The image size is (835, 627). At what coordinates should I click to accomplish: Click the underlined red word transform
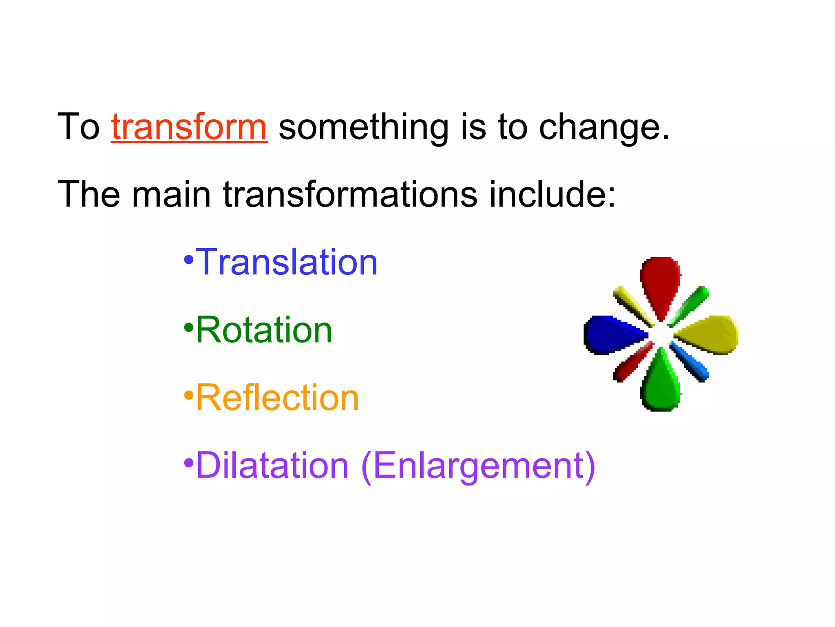189,127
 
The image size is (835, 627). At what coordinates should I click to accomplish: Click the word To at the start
78,127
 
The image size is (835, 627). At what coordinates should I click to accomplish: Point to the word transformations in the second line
350,195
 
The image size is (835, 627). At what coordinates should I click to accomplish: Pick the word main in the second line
171,195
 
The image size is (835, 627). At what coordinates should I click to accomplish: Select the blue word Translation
287,262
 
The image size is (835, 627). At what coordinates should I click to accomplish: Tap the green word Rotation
264,330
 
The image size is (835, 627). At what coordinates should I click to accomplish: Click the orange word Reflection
278,398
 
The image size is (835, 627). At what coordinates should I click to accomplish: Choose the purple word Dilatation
272,466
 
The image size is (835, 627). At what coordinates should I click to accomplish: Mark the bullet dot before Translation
189,260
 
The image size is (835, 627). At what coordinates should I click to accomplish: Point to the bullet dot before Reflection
189,395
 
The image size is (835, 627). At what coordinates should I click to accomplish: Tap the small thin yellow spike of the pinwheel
632,305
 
